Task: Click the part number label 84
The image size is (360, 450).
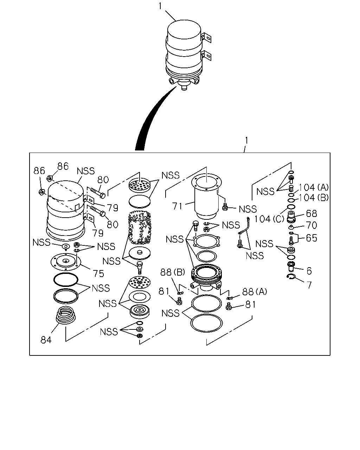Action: click(46, 340)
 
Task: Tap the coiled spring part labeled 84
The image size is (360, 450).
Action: click(65, 315)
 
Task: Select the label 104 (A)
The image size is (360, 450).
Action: click(314, 187)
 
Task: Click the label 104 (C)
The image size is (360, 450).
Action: click(269, 219)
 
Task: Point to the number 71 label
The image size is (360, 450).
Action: click(178, 206)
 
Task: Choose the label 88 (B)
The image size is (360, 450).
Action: click(173, 272)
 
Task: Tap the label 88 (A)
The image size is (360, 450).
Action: click(255, 291)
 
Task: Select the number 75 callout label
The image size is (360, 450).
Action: click(98, 274)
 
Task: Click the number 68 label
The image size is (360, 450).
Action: click(311, 213)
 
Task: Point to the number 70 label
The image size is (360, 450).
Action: click(311, 225)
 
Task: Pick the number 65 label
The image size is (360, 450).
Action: click(311, 238)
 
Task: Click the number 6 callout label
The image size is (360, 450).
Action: click(309, 271)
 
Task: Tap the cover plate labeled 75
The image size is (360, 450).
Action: click(66, 261)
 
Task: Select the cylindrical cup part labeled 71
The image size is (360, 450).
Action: click(206, 196)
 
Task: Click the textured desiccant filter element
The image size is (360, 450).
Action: click(140, 228)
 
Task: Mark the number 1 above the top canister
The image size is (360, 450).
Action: click(160, 6)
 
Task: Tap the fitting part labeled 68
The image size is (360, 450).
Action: click(291, 217)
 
